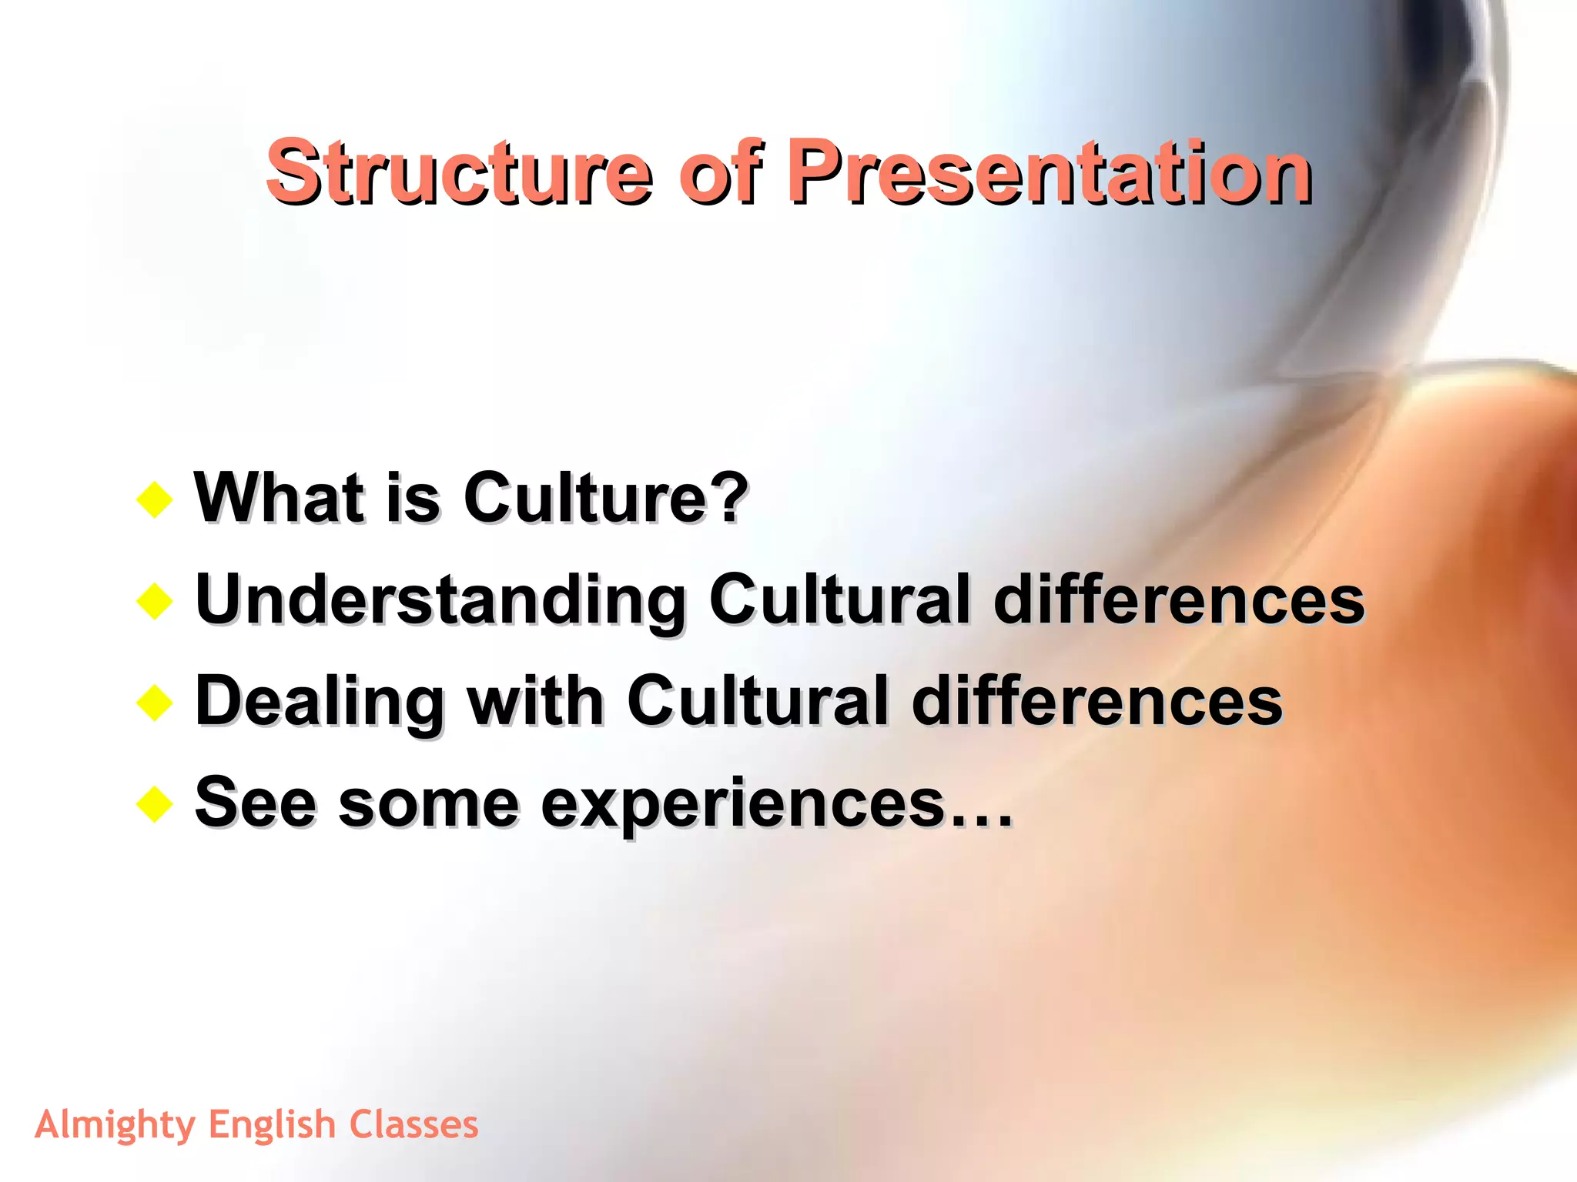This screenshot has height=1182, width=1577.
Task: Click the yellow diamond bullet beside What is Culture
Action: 155,500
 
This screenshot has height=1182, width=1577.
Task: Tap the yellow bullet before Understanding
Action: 155,602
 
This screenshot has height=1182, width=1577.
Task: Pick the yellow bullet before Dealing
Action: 155,703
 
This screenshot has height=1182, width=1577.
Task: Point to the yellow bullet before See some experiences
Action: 155,805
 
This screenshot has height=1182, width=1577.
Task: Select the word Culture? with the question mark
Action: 605,498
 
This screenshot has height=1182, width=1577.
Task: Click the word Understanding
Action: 440,600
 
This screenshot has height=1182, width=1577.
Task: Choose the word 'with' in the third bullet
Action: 537,702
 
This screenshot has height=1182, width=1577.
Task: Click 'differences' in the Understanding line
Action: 1179,600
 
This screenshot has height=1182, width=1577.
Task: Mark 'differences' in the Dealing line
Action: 1097,702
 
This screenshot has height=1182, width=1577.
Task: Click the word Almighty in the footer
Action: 116,1126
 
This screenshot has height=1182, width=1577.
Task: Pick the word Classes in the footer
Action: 414,1124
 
